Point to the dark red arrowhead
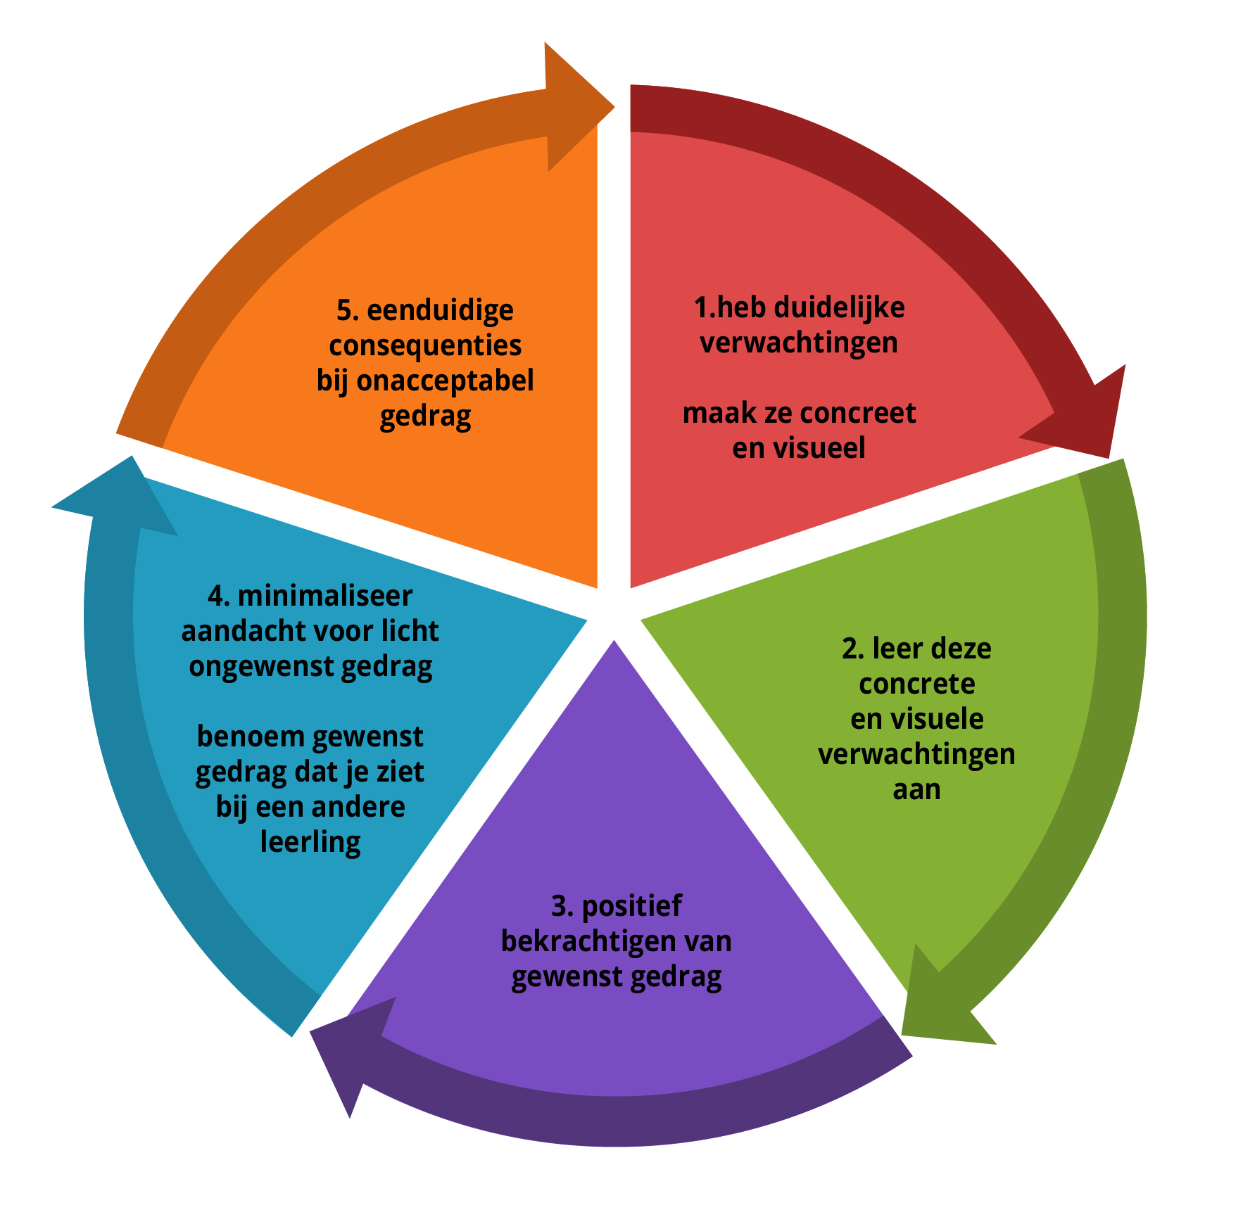tap(1087, 419)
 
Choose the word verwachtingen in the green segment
tap(916, 754)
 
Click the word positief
tap(631, 906)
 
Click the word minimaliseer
tap(324, 597)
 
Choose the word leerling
tap(310, 842)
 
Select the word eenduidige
tap(440, 310)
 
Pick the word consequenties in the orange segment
tap(425, 345)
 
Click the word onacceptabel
tap(445, 381)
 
